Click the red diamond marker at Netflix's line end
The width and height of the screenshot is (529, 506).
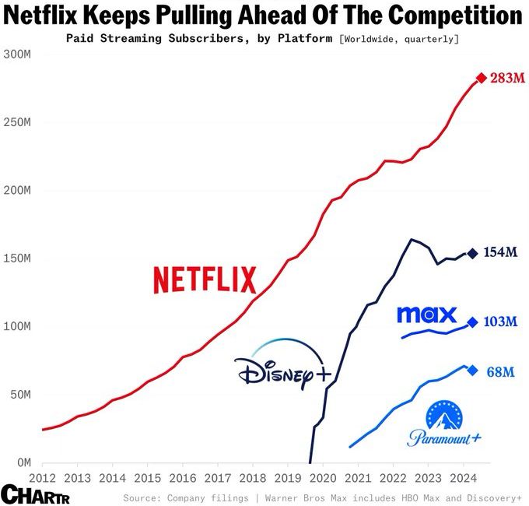tap(481, 78)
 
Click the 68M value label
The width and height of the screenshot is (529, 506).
tap(500, 371)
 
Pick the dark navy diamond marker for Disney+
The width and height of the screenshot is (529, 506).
tap(472, 252)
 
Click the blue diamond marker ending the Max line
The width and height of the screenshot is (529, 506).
tap(472, 322)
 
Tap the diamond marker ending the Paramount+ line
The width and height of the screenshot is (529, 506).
tap(472, 370)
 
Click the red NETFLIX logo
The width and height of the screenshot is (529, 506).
tap(205, 279)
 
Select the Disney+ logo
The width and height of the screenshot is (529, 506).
tap(282, 365)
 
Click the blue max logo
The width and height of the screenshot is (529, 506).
tap(426, 314)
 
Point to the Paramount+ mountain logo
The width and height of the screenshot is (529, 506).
tap(444, 425)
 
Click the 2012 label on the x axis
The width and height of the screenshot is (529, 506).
tap(42, 477)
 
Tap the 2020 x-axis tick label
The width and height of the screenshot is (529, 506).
tap(322, 477)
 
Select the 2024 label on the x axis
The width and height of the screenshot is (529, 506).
tap(462, 477)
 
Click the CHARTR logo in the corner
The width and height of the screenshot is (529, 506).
tap(36, 494)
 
